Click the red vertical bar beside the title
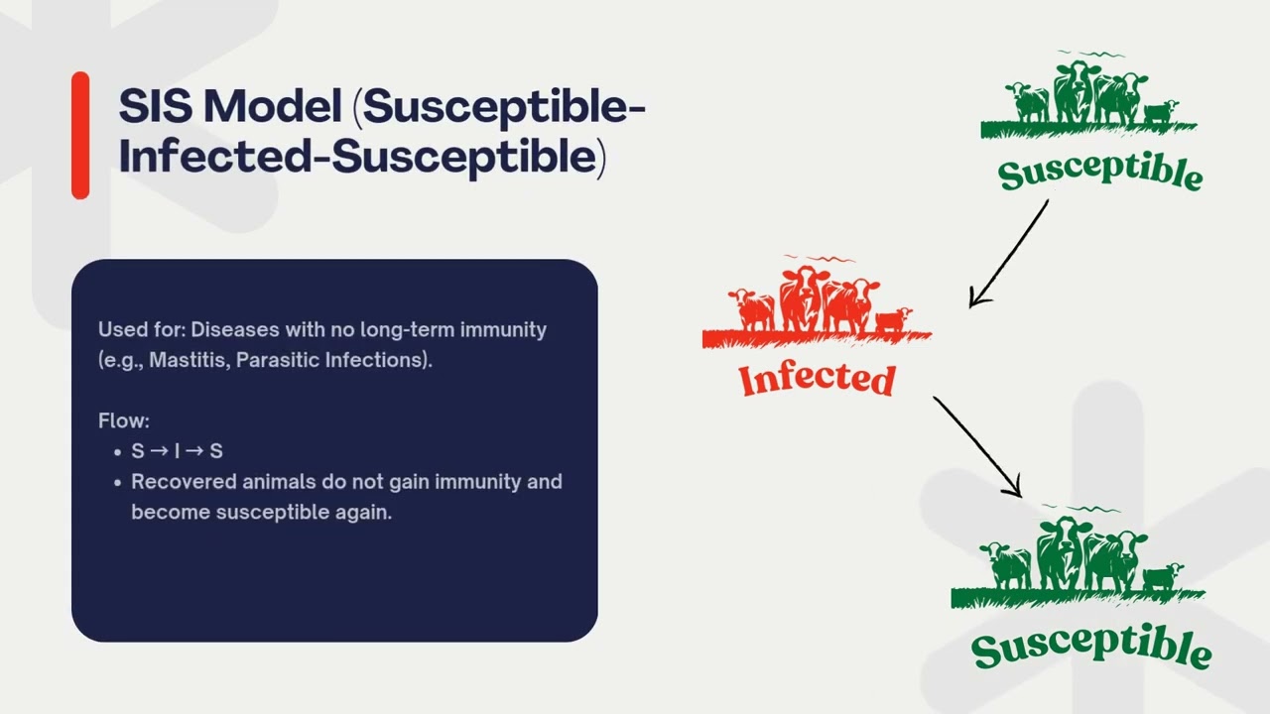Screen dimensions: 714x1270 coord(80,136)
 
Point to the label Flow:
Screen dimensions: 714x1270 coord(124,421)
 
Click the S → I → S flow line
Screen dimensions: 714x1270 coord(177,451)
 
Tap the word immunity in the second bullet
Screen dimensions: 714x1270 coord(474,482)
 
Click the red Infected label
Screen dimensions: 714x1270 coord(818,380)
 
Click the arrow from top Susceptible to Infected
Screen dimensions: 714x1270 coord(1008,254)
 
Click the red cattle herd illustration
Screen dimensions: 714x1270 coord(816,302)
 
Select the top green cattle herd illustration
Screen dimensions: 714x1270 coord(1089,97)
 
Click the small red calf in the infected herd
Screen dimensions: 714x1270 coord(893,319)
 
